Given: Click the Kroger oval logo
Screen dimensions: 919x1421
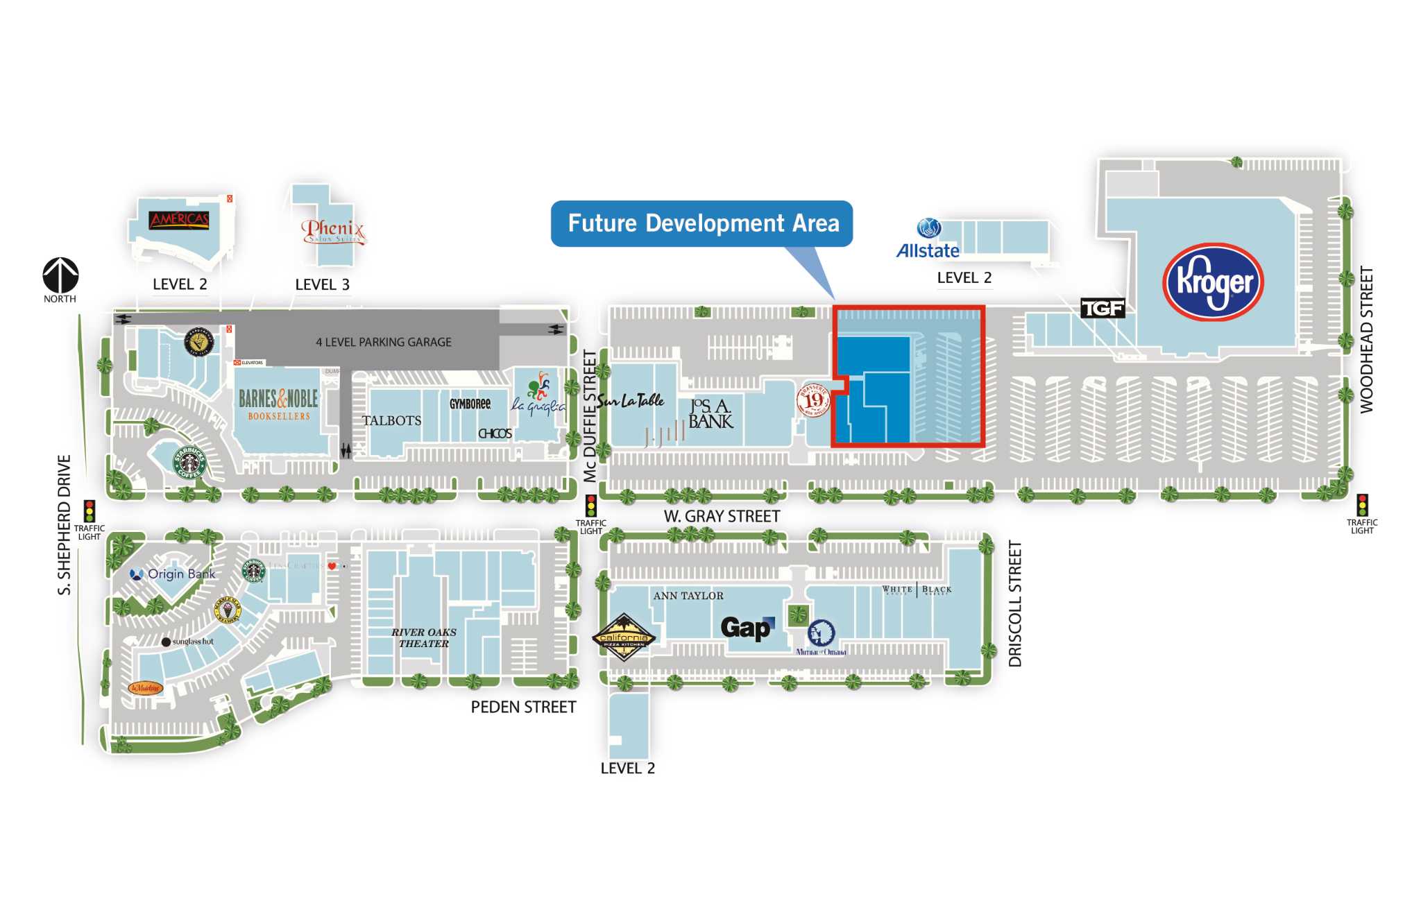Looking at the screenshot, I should pyautogui.click(x=1213, y=282).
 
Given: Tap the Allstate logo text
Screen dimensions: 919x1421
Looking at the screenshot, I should pyautogui.click(x=928, y=250).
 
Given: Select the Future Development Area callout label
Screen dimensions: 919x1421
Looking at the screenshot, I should pyautogui.click(x=702, y=223).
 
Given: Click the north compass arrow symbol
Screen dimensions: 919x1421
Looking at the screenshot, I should pyautogui.click(x=60, y=275).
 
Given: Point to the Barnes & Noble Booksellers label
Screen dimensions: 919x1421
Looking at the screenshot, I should pyautogui.click(x=278, y=404).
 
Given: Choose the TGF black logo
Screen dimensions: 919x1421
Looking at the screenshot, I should pyautogui.click(x=1103, y=308).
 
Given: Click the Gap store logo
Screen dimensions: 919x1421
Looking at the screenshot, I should pyautogui.click(x=747, y=628).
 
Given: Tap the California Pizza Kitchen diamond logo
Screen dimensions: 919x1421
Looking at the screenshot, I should pyautogui.click(x=623, y=637).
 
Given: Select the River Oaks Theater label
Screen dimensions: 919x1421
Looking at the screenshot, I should pyautogui.click(x=423, y=637).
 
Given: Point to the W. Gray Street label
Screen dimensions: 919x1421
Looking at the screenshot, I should pyautogui.click(x=722, y=516).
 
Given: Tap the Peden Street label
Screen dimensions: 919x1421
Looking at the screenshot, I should pyautogui.click(x=523, y=707).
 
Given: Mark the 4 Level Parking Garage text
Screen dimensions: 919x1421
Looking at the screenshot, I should pyautogui.click(x=384, y=342).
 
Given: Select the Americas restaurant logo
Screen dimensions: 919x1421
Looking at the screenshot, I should pyautogui.click(x=179, y=221).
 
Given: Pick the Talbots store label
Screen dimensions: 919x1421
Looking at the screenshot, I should pyautogui.click(x=391, y=420).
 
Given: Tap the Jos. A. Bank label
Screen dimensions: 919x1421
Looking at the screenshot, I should pyautogui.click(x=710, y=414).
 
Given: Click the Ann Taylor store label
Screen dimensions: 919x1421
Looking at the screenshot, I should pyautogui.click(x=688, y=596).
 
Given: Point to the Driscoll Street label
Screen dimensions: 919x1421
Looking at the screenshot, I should pyautogui.click(x=1015, y=603).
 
